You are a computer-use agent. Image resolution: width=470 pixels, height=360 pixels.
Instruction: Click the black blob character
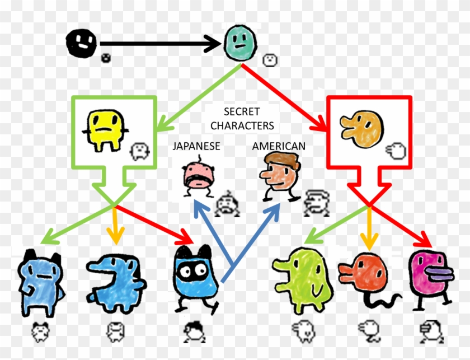click(x=81, y=43)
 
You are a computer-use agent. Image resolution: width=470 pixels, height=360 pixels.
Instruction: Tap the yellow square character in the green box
click(x=105, y=130)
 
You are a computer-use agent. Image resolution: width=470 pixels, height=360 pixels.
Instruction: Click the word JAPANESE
click(x=196, y=146)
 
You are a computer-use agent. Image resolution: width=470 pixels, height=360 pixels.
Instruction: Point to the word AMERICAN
click(x=279, y=146)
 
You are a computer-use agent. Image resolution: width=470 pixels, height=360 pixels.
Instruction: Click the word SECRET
click(x=242, y=111)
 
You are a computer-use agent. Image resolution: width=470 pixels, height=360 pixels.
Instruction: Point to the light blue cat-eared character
click(x=41, y=282)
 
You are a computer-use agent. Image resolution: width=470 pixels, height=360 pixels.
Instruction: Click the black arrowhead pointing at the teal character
click(x=213, y=44)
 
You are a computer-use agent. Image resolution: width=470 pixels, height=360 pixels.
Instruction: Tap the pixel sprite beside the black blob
click(x=106, y=58)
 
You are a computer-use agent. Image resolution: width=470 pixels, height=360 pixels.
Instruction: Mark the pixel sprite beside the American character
click(x=317, y=203)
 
